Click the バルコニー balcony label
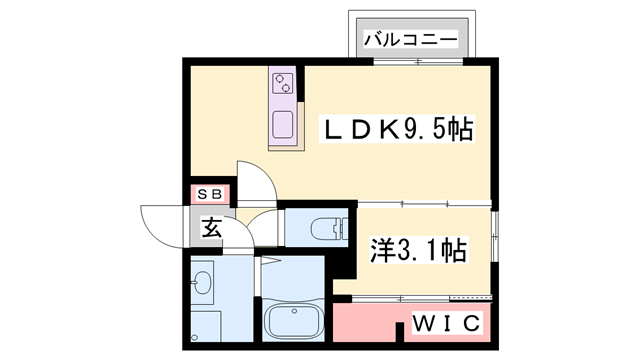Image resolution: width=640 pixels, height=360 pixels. click(x=410, y=40)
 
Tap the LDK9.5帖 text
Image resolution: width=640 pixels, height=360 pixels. click(x=396, y=129)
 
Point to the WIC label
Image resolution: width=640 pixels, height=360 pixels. click(x=448, y=324)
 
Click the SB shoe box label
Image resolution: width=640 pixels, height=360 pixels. click(x=211, y=193)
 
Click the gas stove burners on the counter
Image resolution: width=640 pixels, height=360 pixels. click(x=284, y=83)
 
